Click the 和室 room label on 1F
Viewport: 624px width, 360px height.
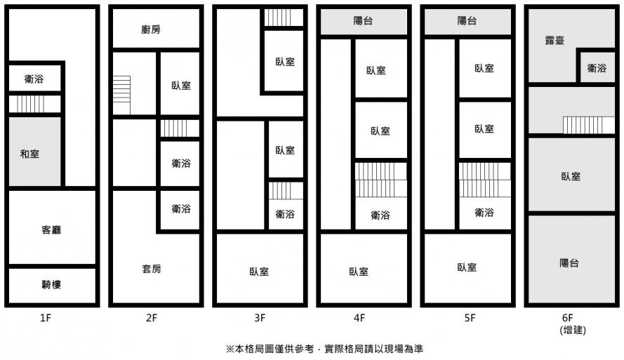(x=30, y=154)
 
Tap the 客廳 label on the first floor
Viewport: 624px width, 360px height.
(x=51, y=229)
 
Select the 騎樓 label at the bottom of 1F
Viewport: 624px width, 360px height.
(x=51, y=284)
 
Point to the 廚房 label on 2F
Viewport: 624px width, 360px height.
(x=151, y=29)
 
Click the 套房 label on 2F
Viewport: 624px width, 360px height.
(x=152, y=269)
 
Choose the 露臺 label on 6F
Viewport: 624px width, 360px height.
(x=555, y=40)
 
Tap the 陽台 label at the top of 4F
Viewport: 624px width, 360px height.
(x=363, y=21)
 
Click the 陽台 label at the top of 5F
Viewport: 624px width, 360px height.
(x=467, y=21)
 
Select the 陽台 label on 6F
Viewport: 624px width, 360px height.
(x=570, y=263)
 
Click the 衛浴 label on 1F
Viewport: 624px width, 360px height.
(x=34, y=79)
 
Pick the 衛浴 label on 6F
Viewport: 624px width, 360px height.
(x=597, y=68)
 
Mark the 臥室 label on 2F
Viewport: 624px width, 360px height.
(x=181, y=86)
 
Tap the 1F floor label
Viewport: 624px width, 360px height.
(x=46, y=318)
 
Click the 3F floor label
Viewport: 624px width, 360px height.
(x=260, y=318)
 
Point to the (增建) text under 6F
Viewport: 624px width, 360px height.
(x=572, y=330)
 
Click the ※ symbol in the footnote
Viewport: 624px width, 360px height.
(x=229, y=349)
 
